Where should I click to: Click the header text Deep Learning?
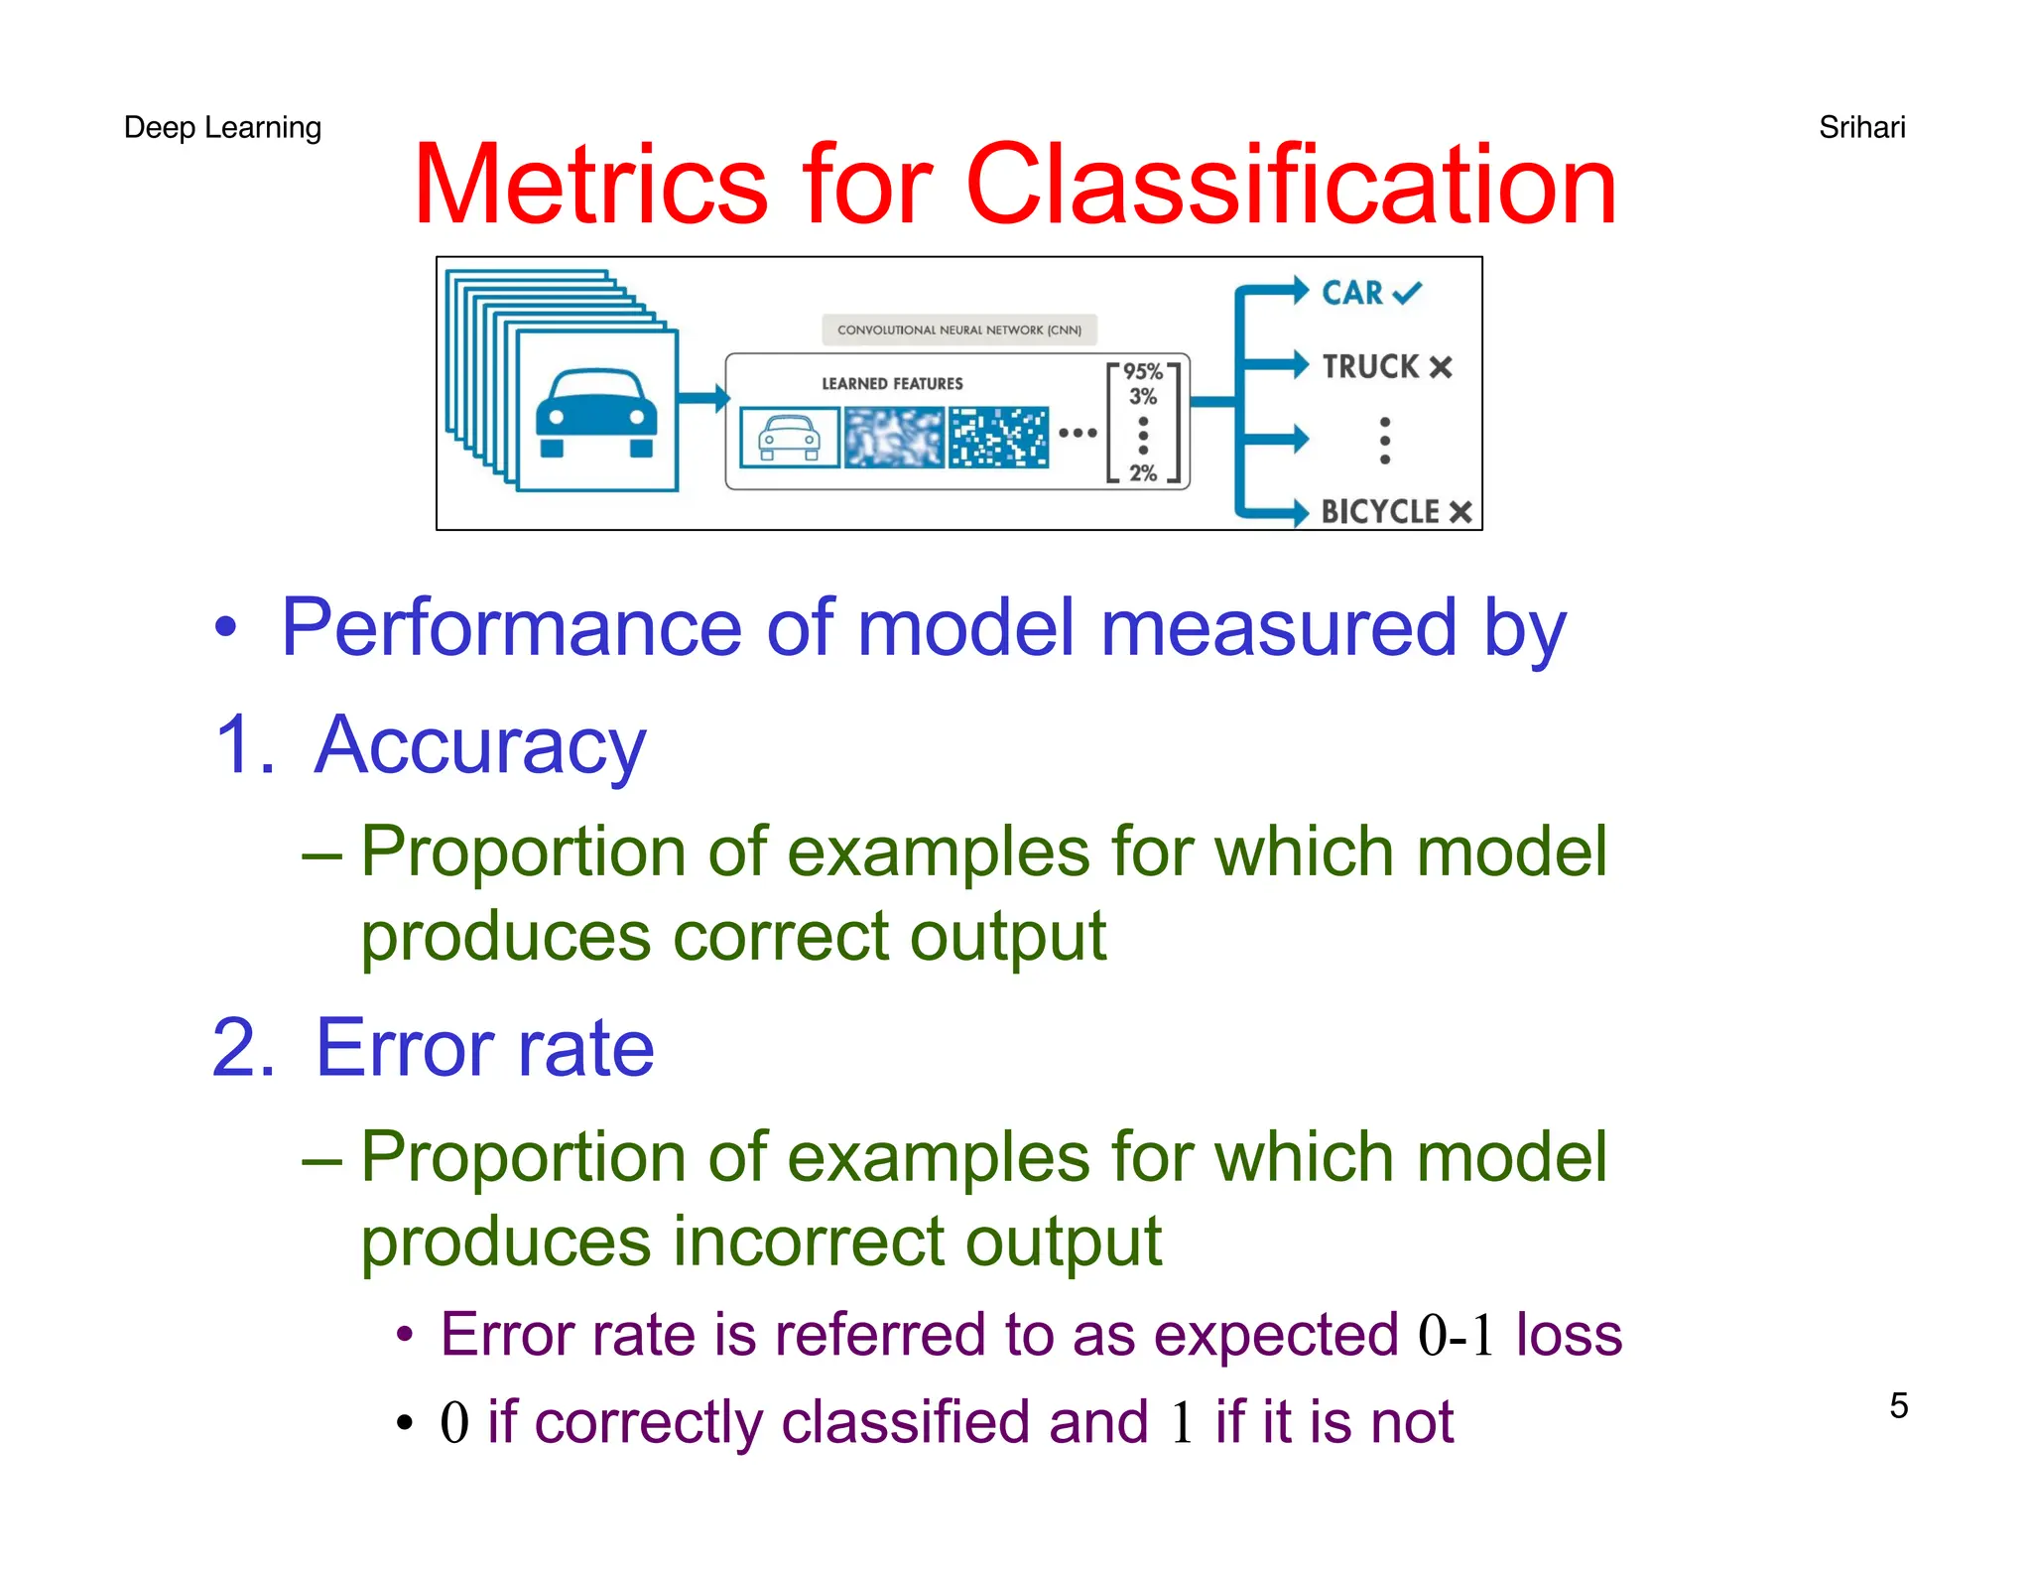[x=222, y=128]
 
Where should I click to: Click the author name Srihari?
[x=1861, y=128]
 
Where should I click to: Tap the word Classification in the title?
[x=1291, y=186]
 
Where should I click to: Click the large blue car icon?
[x=596, y=412]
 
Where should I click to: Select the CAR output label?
[x=1352, y=293]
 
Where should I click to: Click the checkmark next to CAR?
[x=1407, y=293]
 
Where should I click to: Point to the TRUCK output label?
[x=1370, y=366]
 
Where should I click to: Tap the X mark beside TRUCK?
[x=1441, y=367]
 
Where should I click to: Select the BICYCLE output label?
[x=1380, y=512]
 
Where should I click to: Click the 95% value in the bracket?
[x=1143, y=372]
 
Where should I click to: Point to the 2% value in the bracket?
[x=1143, y=473]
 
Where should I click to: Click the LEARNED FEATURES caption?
[x=892, y=384]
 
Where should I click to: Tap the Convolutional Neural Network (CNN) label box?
[x=958, y=330]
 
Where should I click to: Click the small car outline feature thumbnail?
[x=789, y=437]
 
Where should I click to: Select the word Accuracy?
[x=480, y=745]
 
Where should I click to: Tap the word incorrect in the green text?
[x=809, y=1242]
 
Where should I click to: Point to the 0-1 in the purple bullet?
[x=1457, y=1335]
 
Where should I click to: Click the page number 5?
[x=1898, y=1405]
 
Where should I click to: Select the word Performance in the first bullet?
[x=511, y=628]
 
